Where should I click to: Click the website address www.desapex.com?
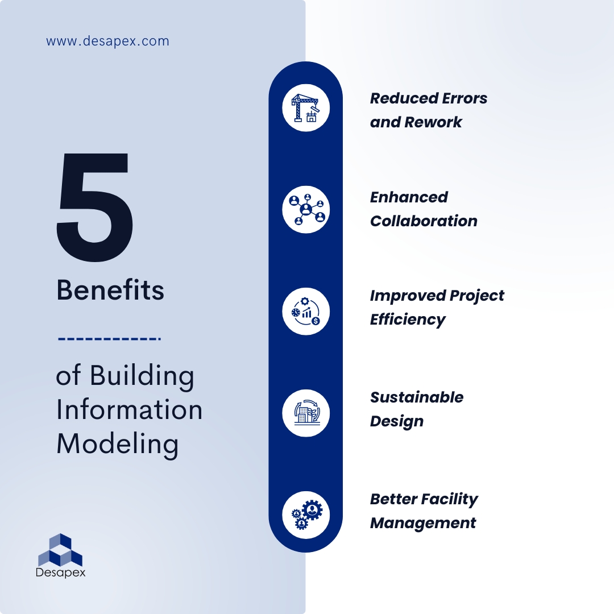(x=107, y=42)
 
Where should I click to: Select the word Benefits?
(x=110, y=291)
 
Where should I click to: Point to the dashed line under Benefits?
(x=109, y=339)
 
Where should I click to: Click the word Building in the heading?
(x=142, y=376)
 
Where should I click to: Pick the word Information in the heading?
(x=129, y=410)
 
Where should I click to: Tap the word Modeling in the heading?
(x=117, y=444)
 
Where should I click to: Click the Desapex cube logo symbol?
(x=60, y=549)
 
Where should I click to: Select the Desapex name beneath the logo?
(x=60, y=572)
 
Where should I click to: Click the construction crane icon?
(x=306, y=107)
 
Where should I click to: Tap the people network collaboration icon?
(x=306, y=209)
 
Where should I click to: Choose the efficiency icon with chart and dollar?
(x=306, y=311)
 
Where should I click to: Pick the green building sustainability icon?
(x=306, y=413)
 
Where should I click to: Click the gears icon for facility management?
(x=306, y=515)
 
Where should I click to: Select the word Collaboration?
(x=424, y=221)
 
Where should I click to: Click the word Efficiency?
(x=408, y=320)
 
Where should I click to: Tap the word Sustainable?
(x=417, y=397)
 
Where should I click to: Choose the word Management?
(x=423, y=523)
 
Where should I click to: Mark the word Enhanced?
(x=409, y=197)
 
